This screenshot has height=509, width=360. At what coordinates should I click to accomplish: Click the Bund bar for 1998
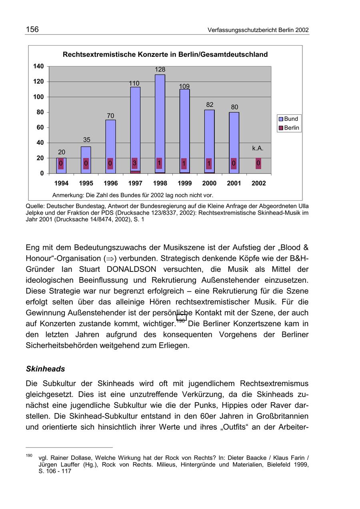[x=160, y=116]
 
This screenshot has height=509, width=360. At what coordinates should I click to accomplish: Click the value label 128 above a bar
[x=160, y=70]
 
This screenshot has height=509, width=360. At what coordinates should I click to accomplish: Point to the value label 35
[x=86, y=140]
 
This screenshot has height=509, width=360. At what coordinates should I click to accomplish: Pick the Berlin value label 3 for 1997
[x=135, y=164]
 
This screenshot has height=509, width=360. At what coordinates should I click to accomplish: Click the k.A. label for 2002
[x=258, y=148]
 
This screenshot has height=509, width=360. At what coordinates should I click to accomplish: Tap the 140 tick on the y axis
[x=38, y=66]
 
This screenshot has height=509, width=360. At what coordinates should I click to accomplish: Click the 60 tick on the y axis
[x=40, y=128]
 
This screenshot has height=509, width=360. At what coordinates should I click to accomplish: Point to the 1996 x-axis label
[x=111, y=184]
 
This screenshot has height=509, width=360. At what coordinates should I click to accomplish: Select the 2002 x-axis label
[x=259, y=184]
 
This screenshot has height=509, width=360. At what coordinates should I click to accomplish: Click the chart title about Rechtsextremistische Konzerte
[x=165, y=54]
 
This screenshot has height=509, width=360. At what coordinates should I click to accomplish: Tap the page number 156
[x=32, y=30]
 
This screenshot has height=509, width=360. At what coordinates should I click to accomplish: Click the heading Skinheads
[x=45, y=369]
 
